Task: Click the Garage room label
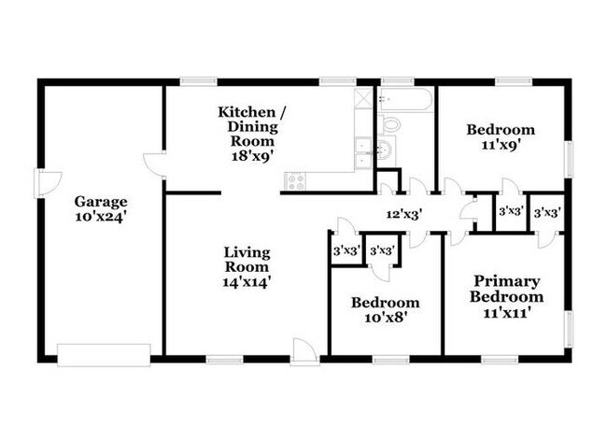101,201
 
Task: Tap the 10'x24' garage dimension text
101,217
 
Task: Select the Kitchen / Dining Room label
251,121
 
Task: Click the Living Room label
247,260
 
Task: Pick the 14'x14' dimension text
247,278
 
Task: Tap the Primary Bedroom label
506,289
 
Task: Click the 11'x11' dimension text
506,313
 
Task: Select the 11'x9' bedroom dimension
501,146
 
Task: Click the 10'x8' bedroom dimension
385,320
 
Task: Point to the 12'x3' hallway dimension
405,214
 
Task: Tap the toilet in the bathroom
391,123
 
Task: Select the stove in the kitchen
296,181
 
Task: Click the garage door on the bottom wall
104,353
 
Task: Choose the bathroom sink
386,150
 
